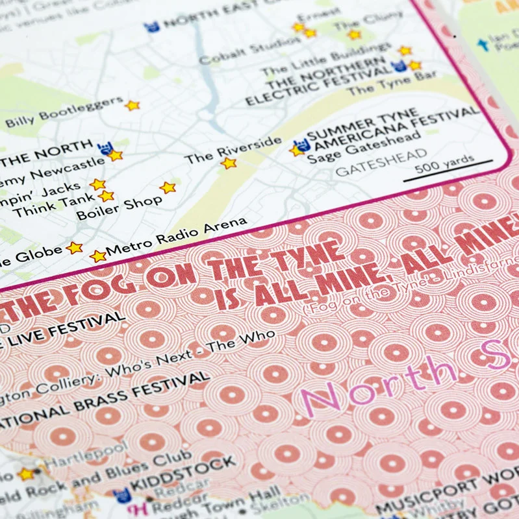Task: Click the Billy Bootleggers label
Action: pyautogui.click(x=63, y=112)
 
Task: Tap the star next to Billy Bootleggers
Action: pyautogui.click(x=133, y=105)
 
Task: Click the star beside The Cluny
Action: pyautogui.click(x=354, y=34)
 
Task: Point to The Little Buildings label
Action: pyautogui.click(x=327, y=61)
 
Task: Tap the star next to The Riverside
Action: pyautogui.click(x=229, y=163)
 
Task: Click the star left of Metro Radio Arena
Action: pyautogui.click(x=98, y=256)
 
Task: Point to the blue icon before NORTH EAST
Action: pyautogui.click(x=153, y=27)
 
